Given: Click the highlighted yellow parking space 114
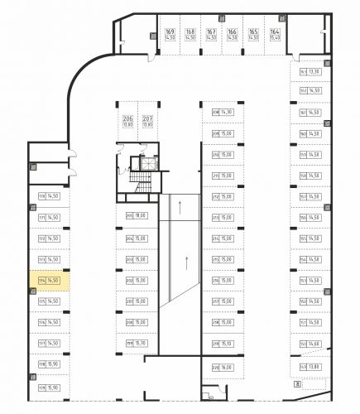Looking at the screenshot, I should pos(48,281).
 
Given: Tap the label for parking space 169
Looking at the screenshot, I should pos(146,31).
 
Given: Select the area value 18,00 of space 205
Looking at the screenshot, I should pos(140,216).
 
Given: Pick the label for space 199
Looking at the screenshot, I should pos(130,344).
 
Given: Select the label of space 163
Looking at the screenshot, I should pos(304,71).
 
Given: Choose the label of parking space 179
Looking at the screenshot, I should pos(41,387).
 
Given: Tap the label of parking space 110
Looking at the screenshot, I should pos(41,196).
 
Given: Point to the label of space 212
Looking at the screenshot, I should pos(215,197).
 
